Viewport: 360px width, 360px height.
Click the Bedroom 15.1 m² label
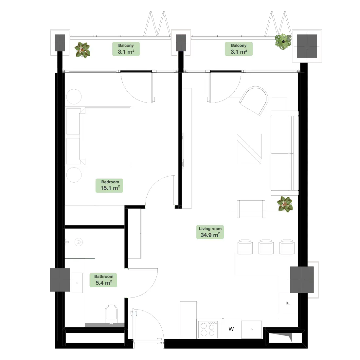[109, 186]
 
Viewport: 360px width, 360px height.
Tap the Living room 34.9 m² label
[210, 232]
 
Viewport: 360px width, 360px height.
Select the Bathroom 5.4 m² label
[103, 280]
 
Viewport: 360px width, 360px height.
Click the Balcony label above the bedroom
[126, 49]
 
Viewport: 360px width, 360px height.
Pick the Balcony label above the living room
[239, 49]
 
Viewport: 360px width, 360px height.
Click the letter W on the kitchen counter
[231, 329]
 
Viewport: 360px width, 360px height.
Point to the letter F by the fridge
[288, 303]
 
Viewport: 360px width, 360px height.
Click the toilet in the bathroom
[111, 314]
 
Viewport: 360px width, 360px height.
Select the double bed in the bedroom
[99, 136]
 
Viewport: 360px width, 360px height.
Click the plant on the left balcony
[83, 50]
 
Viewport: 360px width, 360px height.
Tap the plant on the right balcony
[283, 42]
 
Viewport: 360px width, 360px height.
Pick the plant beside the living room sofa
[285, 204]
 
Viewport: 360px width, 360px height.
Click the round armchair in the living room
[254, 100]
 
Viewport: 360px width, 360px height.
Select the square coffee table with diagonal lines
[249, 149]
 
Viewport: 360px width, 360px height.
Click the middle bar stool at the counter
[266, 247]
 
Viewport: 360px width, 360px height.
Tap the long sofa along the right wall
[284, 153]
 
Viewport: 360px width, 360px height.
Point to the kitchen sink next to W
[252, 329]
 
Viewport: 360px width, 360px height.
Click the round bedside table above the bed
[74, 97]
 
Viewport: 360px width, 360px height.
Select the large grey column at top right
[307, 46]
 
